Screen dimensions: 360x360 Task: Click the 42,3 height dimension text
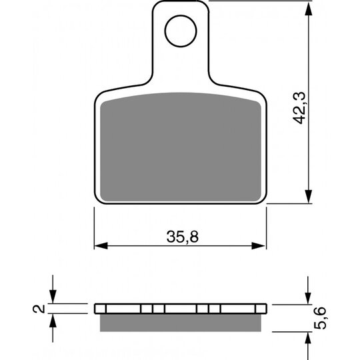click(x=299, y=108)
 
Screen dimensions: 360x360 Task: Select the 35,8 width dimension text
click(x=183, y=237)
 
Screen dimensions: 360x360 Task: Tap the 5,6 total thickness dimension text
click(x=320, y=318)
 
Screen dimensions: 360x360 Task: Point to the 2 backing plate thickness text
click(x=39, y=309)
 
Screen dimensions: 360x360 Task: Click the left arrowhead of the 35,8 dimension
click(x=101, y=245)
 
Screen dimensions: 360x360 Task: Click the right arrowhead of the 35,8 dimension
click(x=259, y=245)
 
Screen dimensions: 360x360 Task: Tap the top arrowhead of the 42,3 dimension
click(x=309, y=9)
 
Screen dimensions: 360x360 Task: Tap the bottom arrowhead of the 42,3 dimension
click(x=309, y=196)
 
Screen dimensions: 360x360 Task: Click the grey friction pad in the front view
click(x=181, y=147)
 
